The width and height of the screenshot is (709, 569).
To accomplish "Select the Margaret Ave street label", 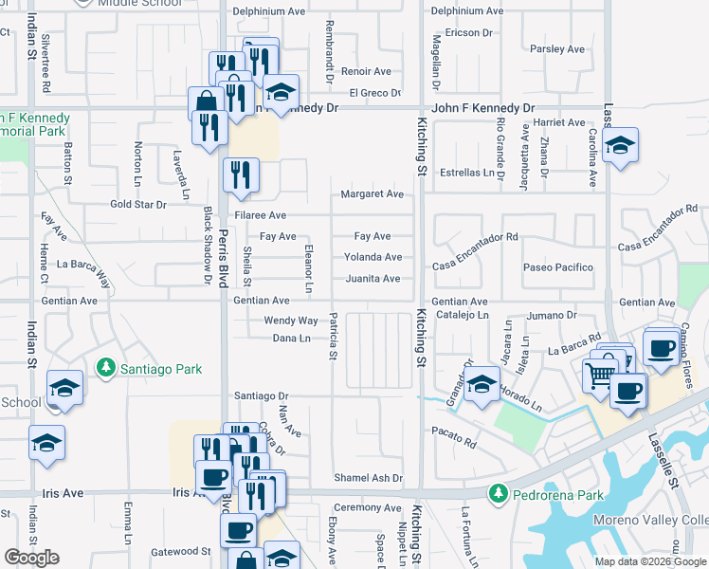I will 373,194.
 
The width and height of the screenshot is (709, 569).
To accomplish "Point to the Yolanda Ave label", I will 373,257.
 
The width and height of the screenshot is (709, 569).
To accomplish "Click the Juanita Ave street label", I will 373,279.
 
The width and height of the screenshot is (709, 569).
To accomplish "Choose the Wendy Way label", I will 291,321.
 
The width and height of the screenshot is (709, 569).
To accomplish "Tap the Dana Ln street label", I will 292,339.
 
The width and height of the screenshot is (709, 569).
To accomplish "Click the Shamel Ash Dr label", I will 368,478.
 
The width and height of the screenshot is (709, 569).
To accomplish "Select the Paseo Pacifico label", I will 558,267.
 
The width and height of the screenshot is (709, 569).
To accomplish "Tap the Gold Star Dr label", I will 137,204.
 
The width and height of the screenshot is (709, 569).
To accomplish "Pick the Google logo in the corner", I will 31,558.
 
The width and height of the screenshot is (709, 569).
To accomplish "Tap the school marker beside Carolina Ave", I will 620,147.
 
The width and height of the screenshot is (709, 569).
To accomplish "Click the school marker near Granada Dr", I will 482,386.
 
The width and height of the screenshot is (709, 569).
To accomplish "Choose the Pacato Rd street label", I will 457,441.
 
